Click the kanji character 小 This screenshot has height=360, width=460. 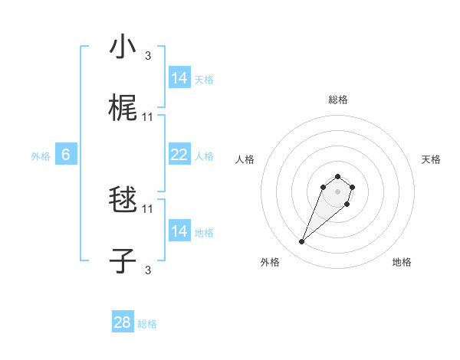[x=123, y=47]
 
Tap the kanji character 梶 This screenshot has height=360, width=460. [x=123, y=109]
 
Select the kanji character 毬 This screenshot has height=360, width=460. [x=123, y=201]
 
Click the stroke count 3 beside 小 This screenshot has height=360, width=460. [x=148, y=56]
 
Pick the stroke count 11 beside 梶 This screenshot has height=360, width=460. [x=148, y=117]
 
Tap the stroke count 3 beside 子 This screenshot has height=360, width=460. [x=148, y=270]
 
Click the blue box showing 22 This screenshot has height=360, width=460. [x=179, y=155]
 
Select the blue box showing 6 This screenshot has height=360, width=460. [x=66, y=155]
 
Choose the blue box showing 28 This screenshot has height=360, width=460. [x=123, y=322]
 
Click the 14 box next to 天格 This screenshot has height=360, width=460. [x=179, y=78]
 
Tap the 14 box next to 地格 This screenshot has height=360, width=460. [x=179, y=231]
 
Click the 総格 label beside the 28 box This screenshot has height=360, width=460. [x=147, y=324]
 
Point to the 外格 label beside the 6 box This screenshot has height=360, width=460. [x=41, y=156]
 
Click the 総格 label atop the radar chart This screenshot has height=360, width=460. [x=337, y=100]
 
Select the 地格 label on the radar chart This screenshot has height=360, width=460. [x=402, y=262]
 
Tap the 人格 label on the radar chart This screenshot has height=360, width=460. [x=245, y=159]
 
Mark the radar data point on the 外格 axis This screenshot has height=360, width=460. [x=302, y=242]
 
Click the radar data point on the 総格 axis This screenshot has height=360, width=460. [x=337, y=174]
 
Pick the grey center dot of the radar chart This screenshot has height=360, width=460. [x=337, y=191]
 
